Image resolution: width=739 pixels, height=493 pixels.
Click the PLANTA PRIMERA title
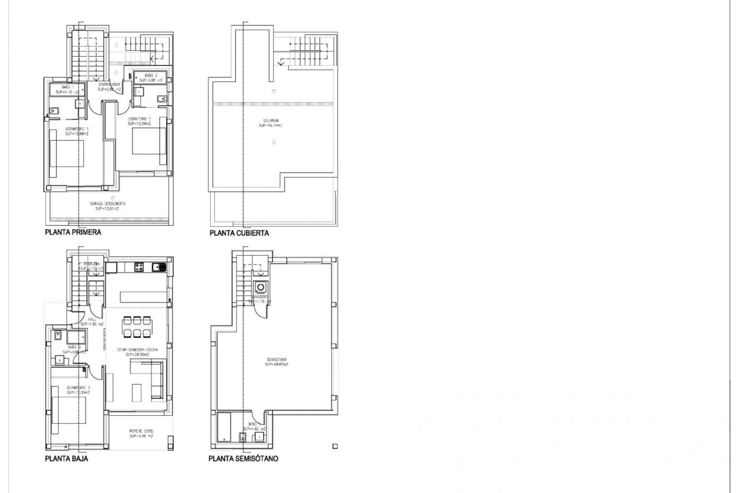[x=73, y=232]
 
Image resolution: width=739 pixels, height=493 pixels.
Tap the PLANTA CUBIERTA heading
[x=239, y=233]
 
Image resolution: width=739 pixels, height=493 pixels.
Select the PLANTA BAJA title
[x=67, y=459]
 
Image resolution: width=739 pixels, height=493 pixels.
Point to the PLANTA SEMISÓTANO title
[x=243, y=459]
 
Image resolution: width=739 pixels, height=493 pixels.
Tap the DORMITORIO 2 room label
[x=139, y=122]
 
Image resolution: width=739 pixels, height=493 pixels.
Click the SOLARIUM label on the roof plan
[x=271, y=123]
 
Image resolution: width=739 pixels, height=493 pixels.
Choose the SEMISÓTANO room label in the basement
[x=277, y=362]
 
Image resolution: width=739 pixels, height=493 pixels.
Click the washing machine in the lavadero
[x=260, y=287]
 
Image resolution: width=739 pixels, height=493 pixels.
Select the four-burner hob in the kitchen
[x=138, y=266]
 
